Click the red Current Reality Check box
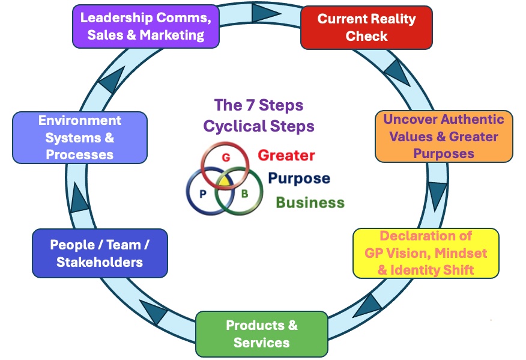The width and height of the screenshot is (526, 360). (x=366, y=27)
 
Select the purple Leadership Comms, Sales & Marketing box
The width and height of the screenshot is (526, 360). (x=146, y=26)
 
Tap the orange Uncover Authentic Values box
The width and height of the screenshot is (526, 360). (x=444, y=136)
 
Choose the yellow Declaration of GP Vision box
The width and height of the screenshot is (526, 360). (x=426, y=253)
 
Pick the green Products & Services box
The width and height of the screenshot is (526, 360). (x=262, y=334)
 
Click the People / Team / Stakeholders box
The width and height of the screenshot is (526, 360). (x=100, y=253)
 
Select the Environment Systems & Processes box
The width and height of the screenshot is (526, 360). (x=80, y=138)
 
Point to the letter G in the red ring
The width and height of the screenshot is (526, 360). (x=226, y=157)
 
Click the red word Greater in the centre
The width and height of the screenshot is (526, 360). (x=286, y=156)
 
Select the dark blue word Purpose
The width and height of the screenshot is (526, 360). (x=298, y=178)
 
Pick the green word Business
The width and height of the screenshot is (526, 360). (x=310, y=203)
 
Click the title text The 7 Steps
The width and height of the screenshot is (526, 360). (x=259, y=106)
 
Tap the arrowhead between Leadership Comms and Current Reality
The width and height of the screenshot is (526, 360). (x=262, y=12)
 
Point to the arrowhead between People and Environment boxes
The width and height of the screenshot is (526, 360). (x=80, y=199)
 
